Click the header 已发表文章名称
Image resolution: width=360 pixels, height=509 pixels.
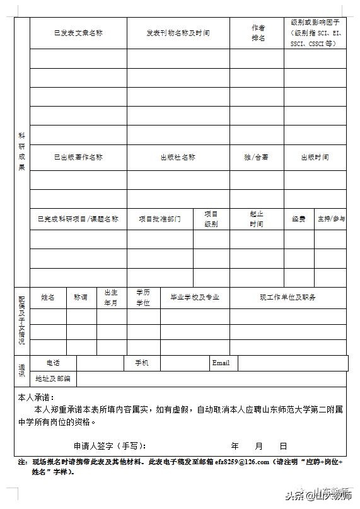click(78, 33)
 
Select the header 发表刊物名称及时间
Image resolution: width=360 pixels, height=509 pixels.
click(178, 33)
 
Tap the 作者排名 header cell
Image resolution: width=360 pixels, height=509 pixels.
click(258, 33)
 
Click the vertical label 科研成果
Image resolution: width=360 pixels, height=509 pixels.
click(21, 151)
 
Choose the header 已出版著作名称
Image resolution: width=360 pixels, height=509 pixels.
click(78, 157)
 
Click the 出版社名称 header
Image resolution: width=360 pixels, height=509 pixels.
click(178, 157)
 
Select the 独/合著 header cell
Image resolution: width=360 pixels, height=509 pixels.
click(256, 157)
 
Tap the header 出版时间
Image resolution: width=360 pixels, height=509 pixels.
click(315, 157)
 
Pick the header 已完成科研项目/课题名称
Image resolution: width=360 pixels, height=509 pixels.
click(78, 219)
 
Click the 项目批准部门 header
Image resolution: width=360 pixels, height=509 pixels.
click(160, 219)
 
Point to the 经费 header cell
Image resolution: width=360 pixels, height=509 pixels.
click(299, 219)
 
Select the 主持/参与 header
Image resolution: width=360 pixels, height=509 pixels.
click(331, 219)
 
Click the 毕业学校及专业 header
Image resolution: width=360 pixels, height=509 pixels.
click(195, 297)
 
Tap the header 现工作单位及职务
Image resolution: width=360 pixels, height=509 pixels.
click(287, 297)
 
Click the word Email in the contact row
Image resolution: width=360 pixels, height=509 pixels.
click(221, 363)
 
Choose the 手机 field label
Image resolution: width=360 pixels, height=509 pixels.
click(142, 363)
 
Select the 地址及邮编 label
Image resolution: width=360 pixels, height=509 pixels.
click(53, 379)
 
